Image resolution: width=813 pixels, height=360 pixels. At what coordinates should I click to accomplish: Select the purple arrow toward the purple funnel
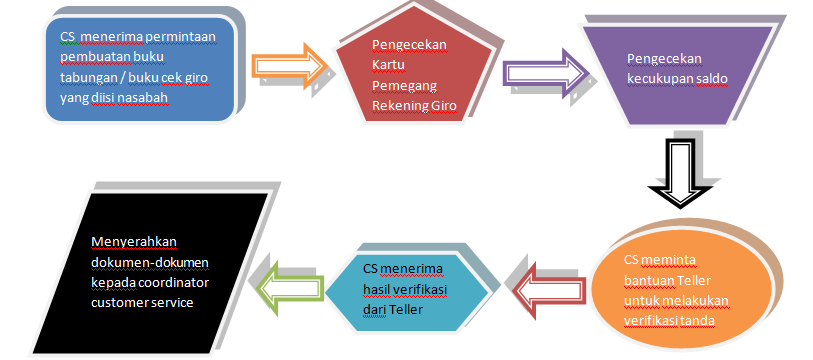(544, 74)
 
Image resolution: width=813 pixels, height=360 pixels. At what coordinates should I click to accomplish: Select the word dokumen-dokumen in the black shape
(145, 261)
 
